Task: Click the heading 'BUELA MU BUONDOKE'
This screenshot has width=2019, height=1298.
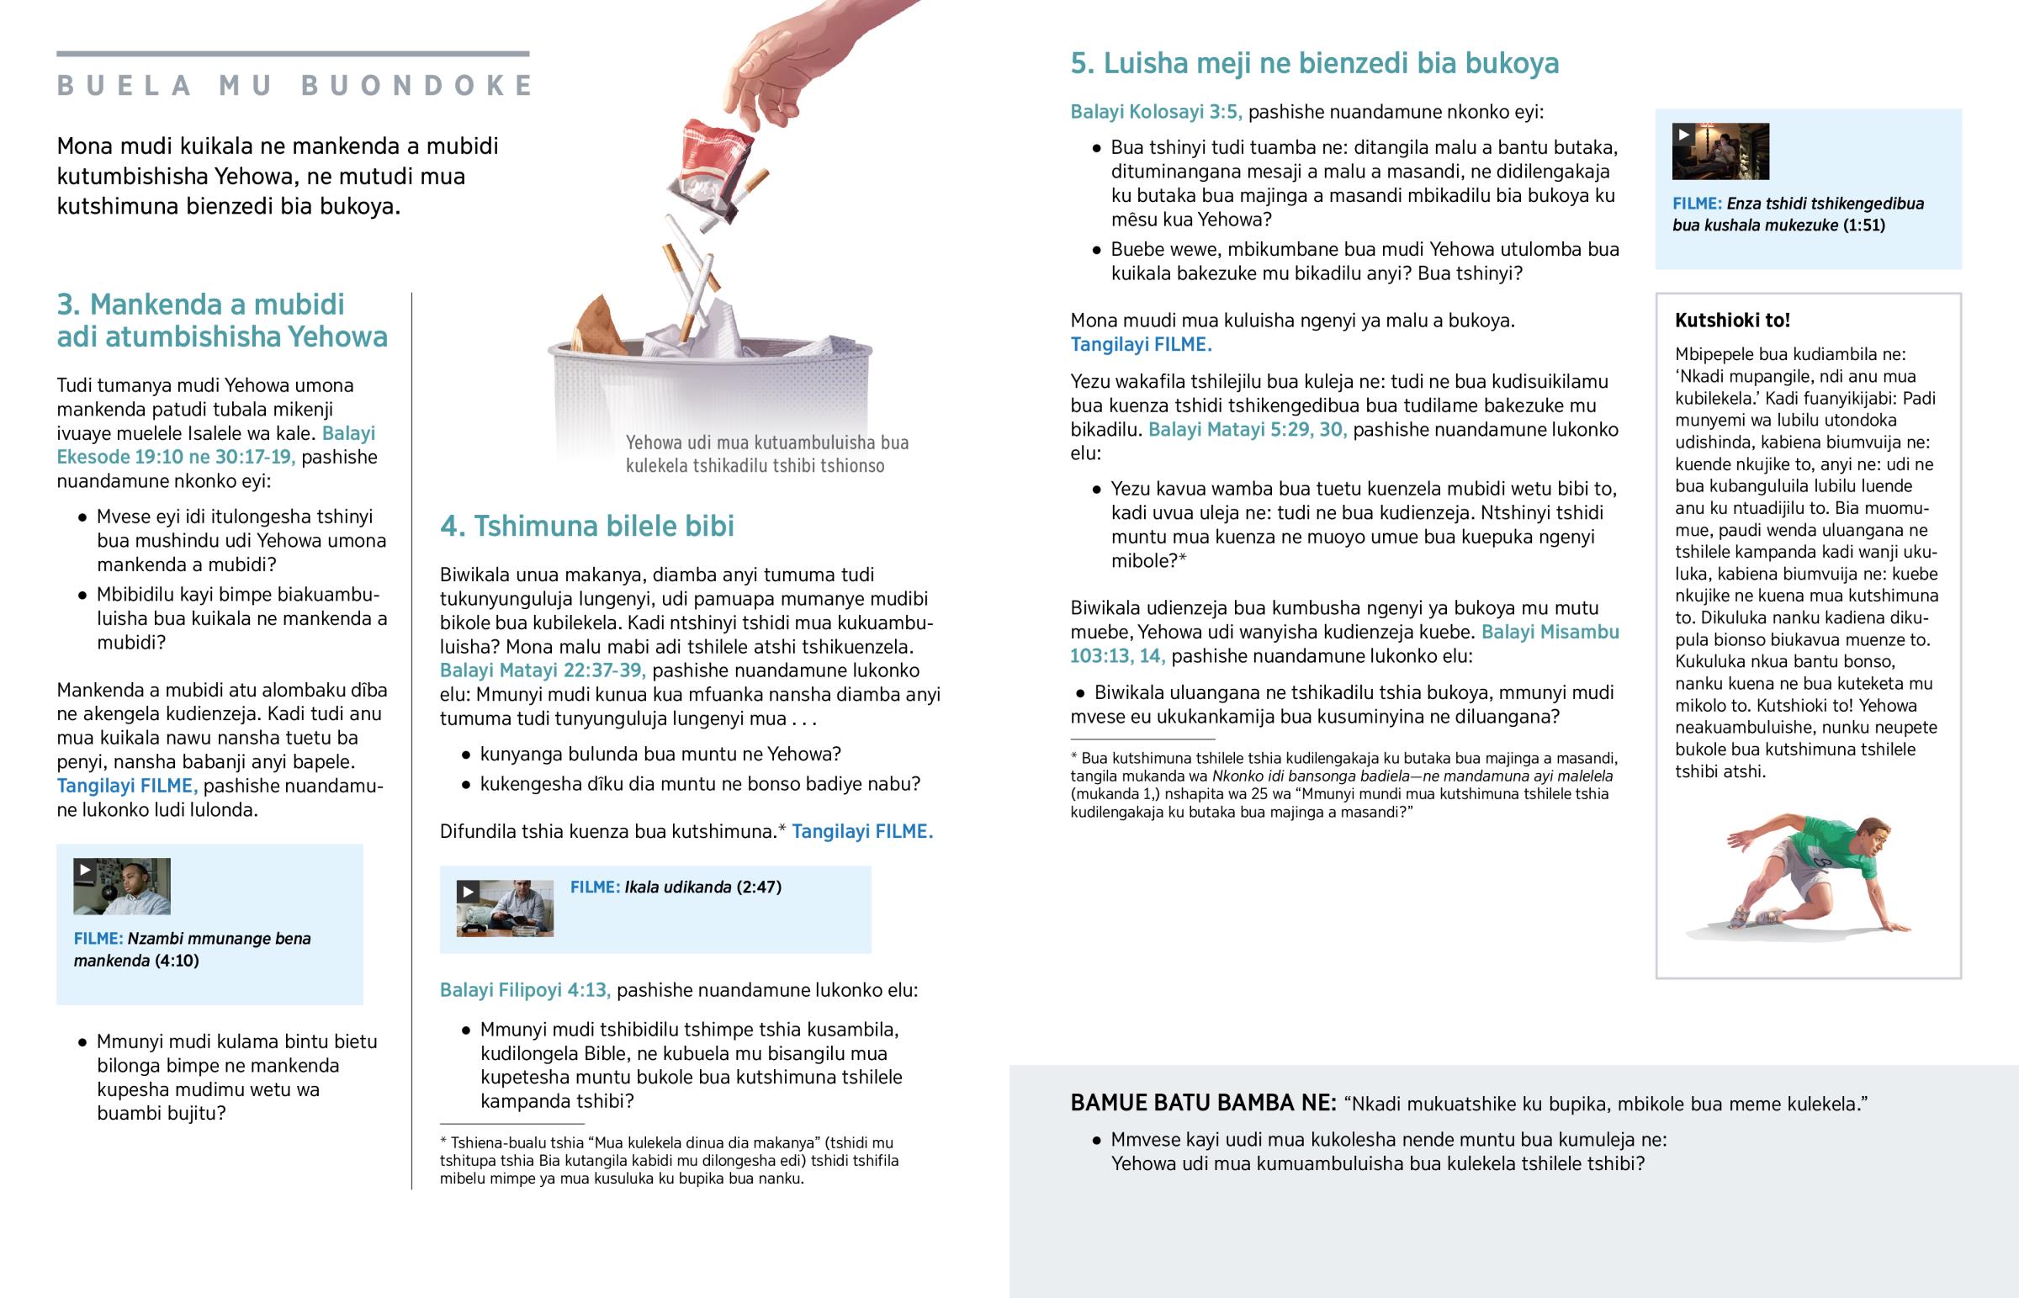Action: point(294,85)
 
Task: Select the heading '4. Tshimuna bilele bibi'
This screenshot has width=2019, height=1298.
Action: point(586,526)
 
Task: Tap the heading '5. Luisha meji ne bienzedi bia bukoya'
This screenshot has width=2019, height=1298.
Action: point(1314,63)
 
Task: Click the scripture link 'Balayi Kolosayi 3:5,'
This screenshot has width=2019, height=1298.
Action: point(1155,112)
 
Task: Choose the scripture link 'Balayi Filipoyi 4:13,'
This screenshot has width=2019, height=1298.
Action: point(524,989)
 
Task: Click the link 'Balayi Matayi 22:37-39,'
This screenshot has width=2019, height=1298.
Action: point(542,671)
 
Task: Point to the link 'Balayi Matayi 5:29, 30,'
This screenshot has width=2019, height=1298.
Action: point(1247,430)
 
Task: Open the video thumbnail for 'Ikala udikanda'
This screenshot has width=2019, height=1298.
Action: point(505,908)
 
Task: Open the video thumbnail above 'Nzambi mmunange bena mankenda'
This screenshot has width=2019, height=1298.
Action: point(121,886)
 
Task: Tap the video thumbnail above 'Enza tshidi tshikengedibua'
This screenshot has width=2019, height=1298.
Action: point(1720,151)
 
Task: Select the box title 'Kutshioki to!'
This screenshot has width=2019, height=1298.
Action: point(1731,321)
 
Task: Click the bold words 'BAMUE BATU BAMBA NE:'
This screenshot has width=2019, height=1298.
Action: point(1202,1103)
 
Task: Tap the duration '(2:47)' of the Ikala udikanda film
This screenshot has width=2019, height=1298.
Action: point(759,887)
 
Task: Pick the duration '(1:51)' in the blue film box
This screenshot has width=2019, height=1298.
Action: point(1863,225)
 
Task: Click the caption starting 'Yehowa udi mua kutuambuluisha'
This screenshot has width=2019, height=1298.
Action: point(766,454)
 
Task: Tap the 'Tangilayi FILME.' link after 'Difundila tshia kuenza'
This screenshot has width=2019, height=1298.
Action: point(862,832)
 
